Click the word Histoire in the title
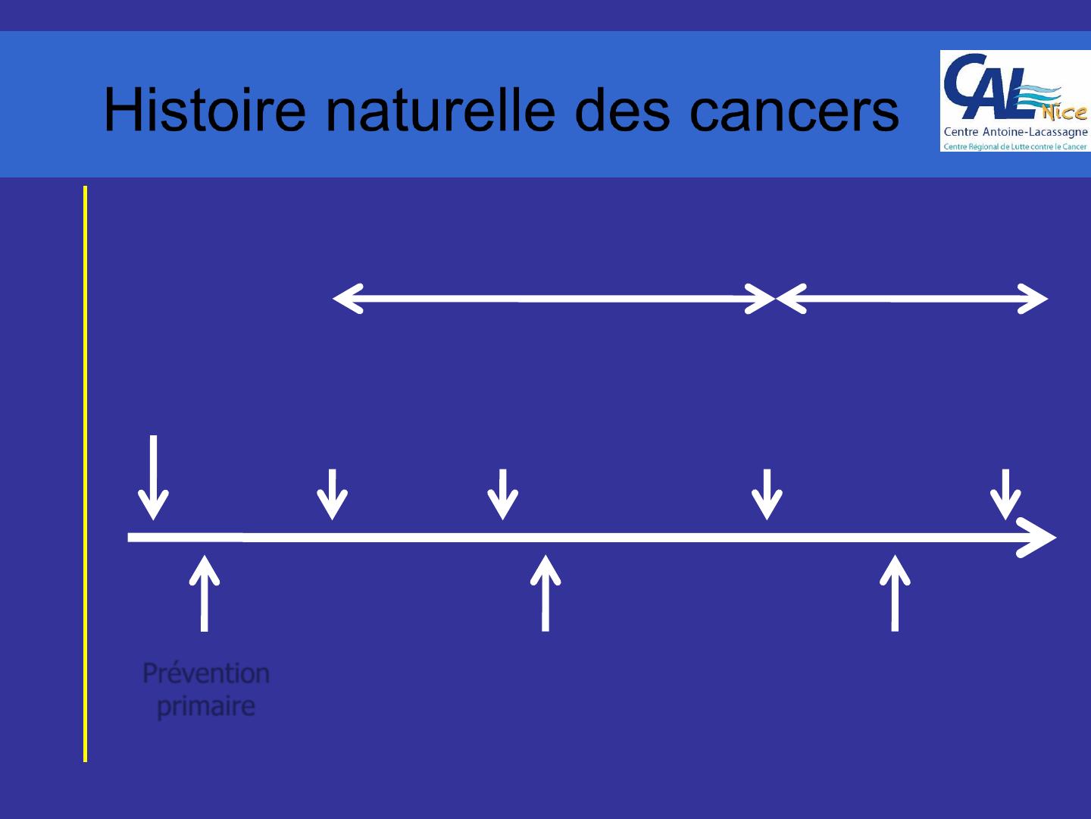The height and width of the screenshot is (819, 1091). click(x=205, y=109)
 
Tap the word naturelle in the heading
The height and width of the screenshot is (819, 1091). click(x=440, y=109)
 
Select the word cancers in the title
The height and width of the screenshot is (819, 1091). click(x=794, y=112)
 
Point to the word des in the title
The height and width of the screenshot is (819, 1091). click(x=622, y=109)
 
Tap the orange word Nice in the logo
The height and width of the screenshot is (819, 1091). click(x=1064, y=113)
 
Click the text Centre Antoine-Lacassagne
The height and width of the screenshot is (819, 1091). click(x=1015, y=132)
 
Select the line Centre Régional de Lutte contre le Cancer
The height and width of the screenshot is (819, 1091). click(x=1015, y=146)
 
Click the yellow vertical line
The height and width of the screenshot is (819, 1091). click(x=86, y=473)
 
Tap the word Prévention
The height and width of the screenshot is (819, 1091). click(x=206, y=674)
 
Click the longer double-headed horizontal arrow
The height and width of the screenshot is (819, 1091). click(x=554, y=299)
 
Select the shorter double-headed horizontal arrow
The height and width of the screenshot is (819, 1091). click(x=912, y=299)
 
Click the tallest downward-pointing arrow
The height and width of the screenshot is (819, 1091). click(x=154, y=478)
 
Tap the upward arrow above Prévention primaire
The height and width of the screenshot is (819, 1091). click(x=205, y=593)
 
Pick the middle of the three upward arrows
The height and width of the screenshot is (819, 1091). click(x=545, y=593)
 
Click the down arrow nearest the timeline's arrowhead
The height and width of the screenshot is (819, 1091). click(x=1005, y=494)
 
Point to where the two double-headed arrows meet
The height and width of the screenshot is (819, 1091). click(x=776, y=299)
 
